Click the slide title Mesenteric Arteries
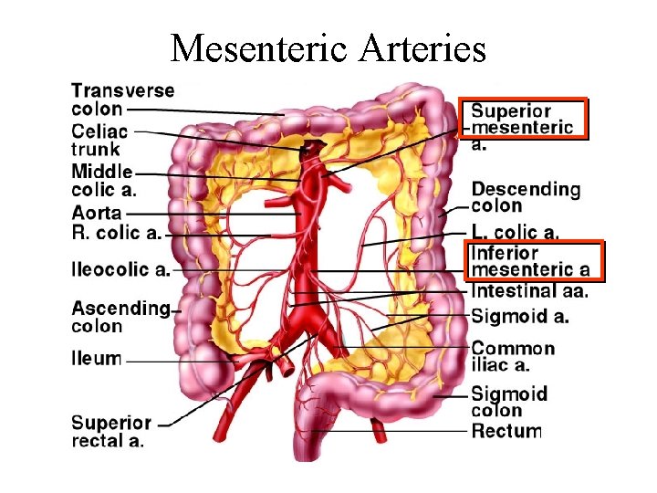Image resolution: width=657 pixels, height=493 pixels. pos(328,47)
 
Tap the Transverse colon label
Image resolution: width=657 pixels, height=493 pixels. pos(123,100)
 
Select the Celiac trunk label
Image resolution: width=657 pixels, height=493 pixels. pos(100,141)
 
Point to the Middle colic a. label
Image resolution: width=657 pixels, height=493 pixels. pos(103,181)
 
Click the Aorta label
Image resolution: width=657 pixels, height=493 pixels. pos(97,212)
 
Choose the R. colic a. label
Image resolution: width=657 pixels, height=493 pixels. pos(116,232)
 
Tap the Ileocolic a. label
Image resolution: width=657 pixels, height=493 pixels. pos(120,269)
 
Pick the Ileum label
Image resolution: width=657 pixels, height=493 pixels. pos(96,358)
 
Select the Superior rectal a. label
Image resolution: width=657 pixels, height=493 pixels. pos(111,431)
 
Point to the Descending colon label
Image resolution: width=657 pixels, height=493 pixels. pos(526,197)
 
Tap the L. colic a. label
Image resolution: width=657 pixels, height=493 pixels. pos(516,233)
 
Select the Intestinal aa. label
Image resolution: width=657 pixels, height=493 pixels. pos(529,291)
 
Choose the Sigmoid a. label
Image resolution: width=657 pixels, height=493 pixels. pos(520,317)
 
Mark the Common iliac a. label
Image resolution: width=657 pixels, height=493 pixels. pos(513,356)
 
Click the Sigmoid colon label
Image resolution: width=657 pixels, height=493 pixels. pos(509,403)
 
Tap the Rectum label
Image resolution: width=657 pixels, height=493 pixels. pos(506,431)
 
